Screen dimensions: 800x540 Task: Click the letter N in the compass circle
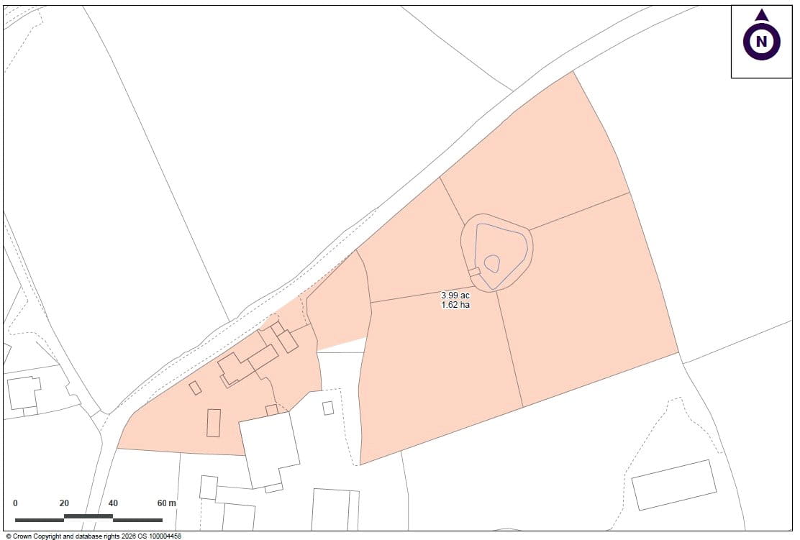tap(761, 42)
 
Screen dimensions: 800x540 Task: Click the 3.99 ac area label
tap(455, 296)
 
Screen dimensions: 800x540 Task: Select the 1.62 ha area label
tap(455, 305)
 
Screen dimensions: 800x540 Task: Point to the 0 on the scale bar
tap(15, 503)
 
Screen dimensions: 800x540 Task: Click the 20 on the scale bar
tap(64, 503)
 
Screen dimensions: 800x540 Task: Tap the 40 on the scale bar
tap(113, 503)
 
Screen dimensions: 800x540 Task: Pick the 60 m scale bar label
tap(166, 503)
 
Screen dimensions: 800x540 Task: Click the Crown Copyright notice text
tap(94, 536)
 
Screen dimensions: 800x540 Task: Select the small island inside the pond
tap(492, 262)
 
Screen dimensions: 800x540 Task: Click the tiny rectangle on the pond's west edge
tap(473, 272)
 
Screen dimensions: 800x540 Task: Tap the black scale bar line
tap(88, 518)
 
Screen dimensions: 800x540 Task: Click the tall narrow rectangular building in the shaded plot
tap(214, 423)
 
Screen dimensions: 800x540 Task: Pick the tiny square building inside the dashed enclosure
tap(328, 408)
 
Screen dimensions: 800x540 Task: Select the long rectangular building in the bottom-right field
tap(674, 485)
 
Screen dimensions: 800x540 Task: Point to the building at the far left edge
tap(23, 394)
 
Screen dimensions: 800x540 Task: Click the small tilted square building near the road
tap(195, 388)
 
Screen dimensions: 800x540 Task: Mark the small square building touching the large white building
tap(271, 410)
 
